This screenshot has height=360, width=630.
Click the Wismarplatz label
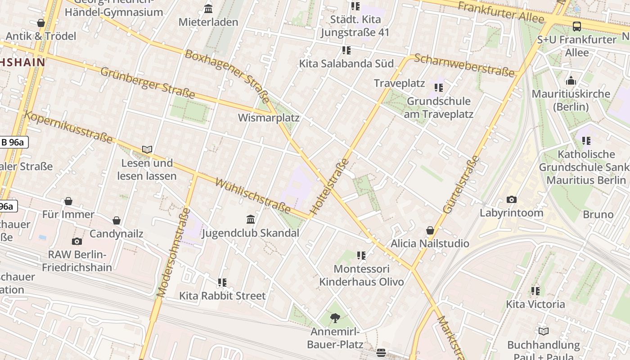pos(268,118)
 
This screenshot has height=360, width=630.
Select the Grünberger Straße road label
pos(147,83)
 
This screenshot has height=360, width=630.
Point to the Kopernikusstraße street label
pos(68,127)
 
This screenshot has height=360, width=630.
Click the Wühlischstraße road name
pos(253,195)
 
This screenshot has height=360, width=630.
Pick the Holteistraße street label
pos(330,186)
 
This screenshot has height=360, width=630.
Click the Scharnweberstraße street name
pos(464,65)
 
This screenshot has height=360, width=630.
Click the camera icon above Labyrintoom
pos(511,199)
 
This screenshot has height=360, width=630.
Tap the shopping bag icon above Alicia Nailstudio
pos(430,230)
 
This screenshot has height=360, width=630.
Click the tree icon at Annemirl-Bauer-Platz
pos(335,319)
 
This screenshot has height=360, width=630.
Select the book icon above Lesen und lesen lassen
pos(147,149)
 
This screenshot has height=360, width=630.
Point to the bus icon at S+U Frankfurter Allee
pos(576,27)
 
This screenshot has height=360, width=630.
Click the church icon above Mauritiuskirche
pos(571,81)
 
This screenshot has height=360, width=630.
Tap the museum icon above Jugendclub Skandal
pos(251,219)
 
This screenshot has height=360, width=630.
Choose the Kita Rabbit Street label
pos(222,296)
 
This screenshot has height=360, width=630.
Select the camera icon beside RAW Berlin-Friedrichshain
pos(77,241)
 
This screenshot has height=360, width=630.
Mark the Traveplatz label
pos(399,83)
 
